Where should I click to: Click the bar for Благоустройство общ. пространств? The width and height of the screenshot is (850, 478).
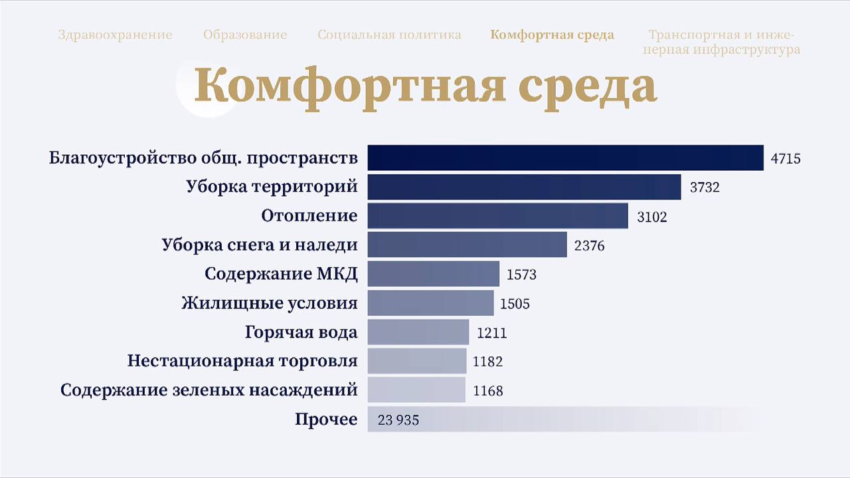point(565,158)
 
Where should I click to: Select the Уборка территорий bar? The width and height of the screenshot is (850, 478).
point(524,187)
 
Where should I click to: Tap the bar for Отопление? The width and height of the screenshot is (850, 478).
point(497,216)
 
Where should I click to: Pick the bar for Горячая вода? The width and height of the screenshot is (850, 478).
point(418,332)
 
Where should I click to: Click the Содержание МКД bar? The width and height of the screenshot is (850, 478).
point(433,274)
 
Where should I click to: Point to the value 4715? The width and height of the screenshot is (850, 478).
point(786,159)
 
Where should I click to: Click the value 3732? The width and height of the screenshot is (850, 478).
point(705,187)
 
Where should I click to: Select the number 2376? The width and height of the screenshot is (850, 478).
point(590,246)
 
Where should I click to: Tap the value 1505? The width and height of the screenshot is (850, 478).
point(515,304)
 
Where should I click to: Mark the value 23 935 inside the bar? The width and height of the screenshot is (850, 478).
point(398,420)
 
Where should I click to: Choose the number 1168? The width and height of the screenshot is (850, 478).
point(488,391)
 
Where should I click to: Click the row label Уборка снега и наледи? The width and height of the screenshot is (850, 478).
point(260,245)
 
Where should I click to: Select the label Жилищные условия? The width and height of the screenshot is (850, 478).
point(270,303)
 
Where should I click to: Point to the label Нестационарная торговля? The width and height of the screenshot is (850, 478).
point(242,361)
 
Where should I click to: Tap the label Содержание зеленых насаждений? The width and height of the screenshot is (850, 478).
point(209,390)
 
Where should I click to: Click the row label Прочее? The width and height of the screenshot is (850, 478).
point(326,419)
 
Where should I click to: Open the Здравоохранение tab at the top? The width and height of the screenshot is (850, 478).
point(115,35)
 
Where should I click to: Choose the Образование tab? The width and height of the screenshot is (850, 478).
point(245,35)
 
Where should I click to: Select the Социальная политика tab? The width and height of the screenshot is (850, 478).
point(389,35)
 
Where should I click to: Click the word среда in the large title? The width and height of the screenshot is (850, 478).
point(587,85)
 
